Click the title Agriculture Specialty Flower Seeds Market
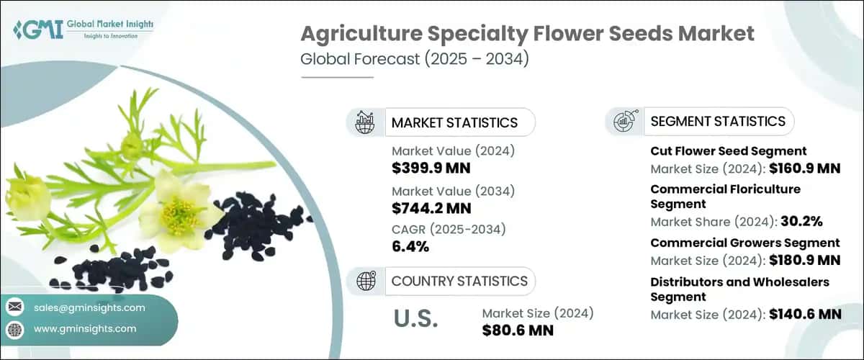[527, 34]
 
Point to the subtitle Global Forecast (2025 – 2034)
[415, 59]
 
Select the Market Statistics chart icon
[365, 122]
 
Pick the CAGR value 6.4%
[410, 247]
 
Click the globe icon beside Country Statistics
[365, 281]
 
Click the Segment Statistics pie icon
[624, 121]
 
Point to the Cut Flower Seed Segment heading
[728, 151]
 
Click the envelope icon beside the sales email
[15, 308]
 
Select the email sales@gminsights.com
[89, 308]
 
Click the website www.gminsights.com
[85, 329]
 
